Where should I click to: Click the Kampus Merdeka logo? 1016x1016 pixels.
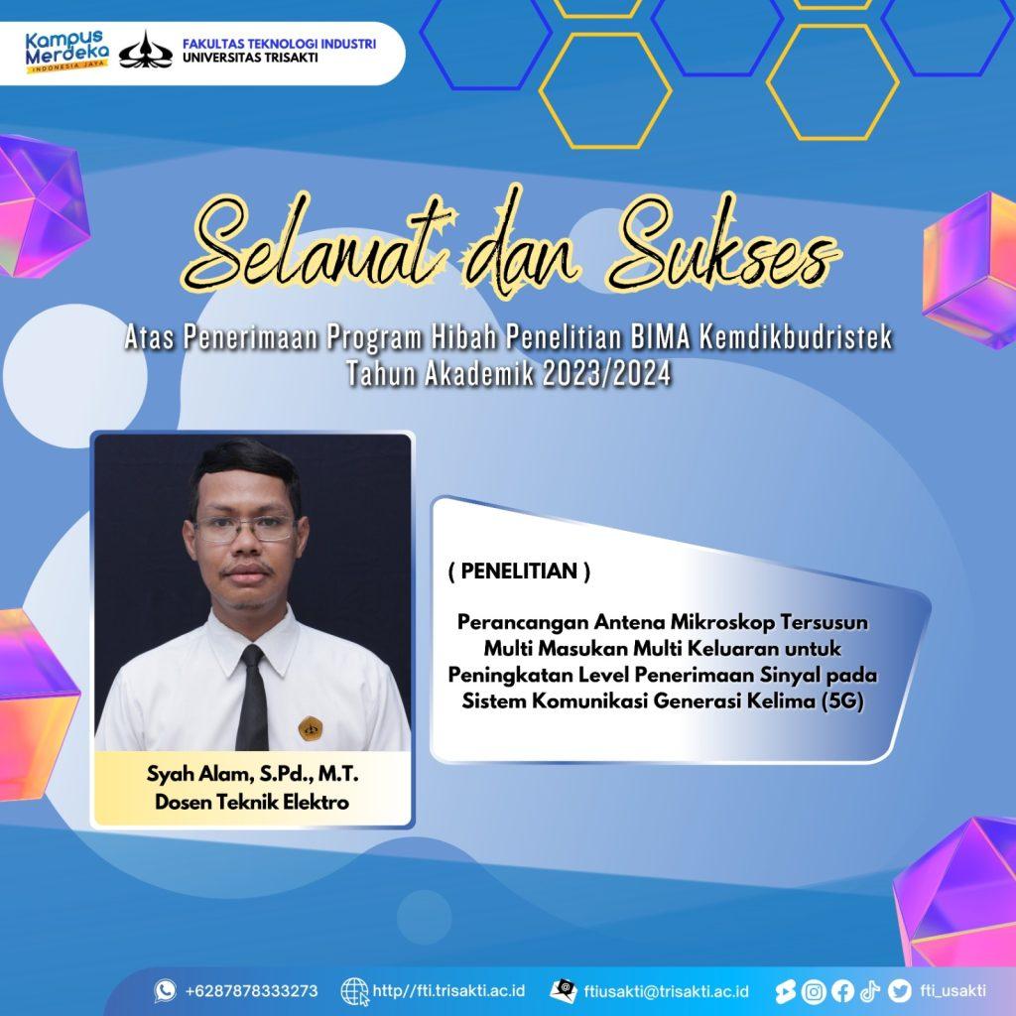pos(66,52)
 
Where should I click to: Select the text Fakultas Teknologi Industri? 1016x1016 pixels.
pos(279,44)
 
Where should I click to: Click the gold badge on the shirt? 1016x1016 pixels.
pos(311,727)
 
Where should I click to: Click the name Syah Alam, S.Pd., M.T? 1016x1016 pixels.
pos(253,774)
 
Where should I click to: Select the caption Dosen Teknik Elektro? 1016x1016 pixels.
pos(252,802)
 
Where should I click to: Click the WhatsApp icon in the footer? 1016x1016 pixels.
pos(166,991)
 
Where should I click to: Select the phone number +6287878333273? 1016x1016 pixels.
pos(251,991)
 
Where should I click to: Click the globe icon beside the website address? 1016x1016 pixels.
pos(354,991)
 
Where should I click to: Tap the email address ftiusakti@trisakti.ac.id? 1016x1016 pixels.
pos(666,991)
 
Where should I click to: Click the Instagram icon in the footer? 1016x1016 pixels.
pos(814,991)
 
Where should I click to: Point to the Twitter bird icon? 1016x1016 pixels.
pos(899,991)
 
